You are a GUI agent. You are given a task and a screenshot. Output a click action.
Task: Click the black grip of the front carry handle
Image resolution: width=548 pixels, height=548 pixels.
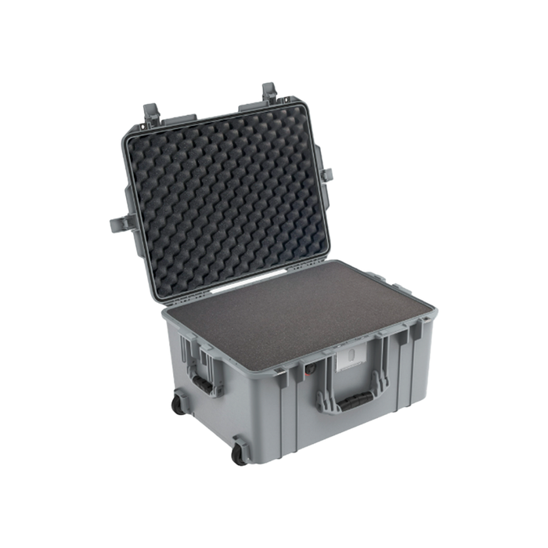tap(354, 403)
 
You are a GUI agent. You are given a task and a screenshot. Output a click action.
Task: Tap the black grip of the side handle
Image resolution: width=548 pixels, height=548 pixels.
tap(203, 384)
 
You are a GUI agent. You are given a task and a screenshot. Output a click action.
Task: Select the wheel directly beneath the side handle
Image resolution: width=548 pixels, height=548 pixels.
tap(178, 404)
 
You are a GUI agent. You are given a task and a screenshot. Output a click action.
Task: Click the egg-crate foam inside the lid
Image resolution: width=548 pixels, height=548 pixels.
tap(227, 196)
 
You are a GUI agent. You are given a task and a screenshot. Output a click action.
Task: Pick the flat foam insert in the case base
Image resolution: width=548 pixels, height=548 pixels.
tap(297, 309)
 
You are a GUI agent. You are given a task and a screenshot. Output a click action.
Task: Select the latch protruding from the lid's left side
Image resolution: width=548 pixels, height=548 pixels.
tap(121, 224)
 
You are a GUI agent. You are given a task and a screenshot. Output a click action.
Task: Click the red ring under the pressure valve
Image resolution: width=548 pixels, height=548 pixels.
tap(311, 374)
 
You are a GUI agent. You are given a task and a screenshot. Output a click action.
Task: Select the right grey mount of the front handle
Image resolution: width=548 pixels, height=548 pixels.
tap(381, 381)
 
